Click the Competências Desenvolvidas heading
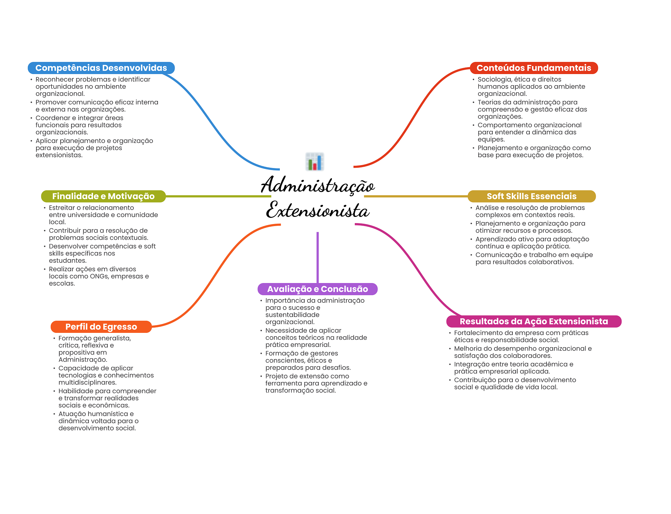[101, 68]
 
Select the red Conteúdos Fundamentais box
[533, 68]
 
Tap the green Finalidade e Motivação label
[103, 196]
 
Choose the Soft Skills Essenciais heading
[531, 196]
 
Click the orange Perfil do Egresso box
[101, 327]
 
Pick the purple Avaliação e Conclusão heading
[317, 289]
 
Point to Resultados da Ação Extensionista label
[533, 321]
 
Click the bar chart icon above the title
[315, 162]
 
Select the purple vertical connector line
[317, 257]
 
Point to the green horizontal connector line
[218, 196]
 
